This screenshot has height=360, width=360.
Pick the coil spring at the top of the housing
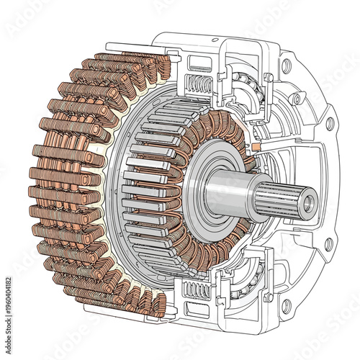(x=199, y=84)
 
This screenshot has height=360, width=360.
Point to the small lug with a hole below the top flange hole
(x=295, y=96)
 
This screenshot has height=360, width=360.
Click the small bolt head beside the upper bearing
(x=268, y=76)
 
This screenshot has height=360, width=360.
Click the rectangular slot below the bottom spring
(x=193, y=311)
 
